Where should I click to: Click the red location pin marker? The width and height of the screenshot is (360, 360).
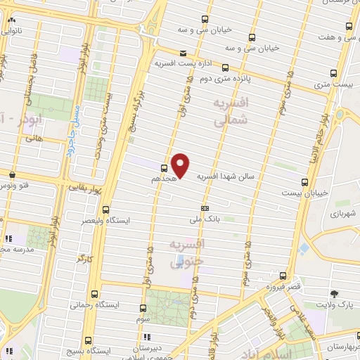coord(181,165)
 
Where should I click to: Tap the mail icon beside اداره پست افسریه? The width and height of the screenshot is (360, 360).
coord(183,53)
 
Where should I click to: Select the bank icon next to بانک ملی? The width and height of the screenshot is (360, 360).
coord(205,208)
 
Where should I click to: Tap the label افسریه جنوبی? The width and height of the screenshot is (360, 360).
coord(186,254)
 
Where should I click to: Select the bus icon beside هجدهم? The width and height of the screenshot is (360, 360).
coord(164,167)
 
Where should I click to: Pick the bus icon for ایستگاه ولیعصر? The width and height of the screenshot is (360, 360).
coord(106,209)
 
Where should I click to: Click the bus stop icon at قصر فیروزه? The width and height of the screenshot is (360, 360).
coord(282,276)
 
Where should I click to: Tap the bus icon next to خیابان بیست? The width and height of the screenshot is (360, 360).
coord(304,180)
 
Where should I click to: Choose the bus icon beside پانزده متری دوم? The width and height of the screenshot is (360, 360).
coord(225,68)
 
